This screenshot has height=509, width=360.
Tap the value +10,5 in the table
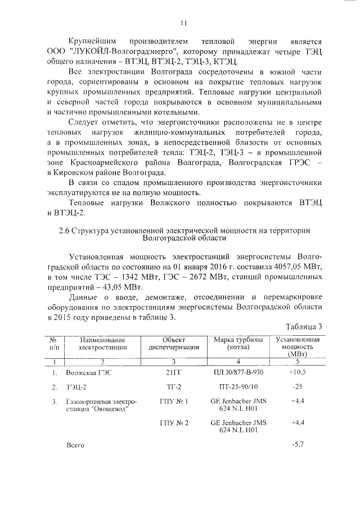(x=296, y=372)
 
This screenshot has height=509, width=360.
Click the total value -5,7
(x=298, y=444)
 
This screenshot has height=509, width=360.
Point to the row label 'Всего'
(x=75, y=445)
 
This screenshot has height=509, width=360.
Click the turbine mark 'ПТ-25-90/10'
(x=238, y=388)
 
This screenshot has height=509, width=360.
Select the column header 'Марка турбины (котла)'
(x=238, y=344)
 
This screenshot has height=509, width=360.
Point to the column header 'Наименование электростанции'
(x=102, y=344)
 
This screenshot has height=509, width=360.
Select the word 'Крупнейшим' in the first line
(x=93, y=42)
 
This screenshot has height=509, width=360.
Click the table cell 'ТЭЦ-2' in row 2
(x=76, y=388)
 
